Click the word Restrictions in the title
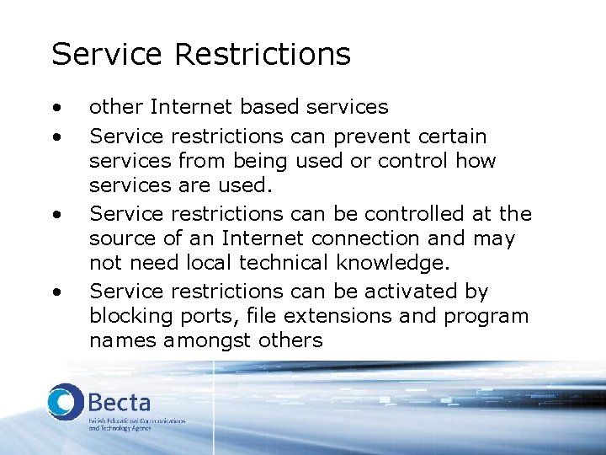click(263, 55)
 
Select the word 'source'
click(118, 239)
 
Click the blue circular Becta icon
click(65, 403)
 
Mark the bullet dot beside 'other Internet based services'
click(56, 108)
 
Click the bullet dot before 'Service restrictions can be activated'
click(56, 292)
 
